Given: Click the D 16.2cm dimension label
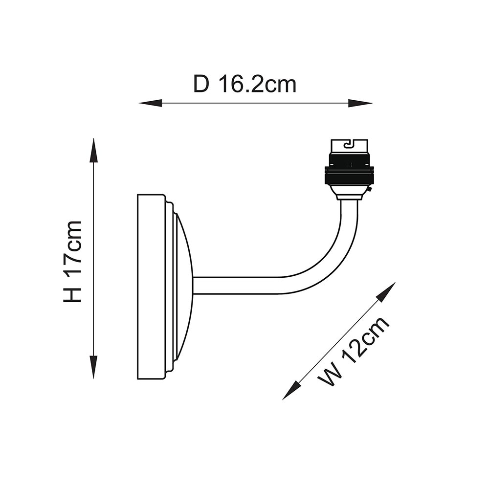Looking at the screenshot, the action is click(245, 84).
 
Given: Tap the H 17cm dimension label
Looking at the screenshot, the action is click(72, 261).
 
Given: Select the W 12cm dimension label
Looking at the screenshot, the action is click(354, 352).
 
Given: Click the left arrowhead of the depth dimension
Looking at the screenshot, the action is click(150, 103).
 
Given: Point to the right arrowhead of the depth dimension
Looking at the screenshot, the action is click(360, 103).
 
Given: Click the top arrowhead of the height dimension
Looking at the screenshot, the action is click(93, 150).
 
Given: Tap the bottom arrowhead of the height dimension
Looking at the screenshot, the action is click(93, 367).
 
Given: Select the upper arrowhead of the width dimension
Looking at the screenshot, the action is click(387, 291).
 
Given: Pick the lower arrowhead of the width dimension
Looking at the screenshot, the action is click(291, 391).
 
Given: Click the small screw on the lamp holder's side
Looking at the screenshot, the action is click(370, 190).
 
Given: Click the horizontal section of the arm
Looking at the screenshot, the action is click(237, 286).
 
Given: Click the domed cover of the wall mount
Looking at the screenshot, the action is click(183, 286).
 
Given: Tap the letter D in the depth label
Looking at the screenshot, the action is click(201, 84).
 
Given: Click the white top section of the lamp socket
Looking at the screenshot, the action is click(350, 146).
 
